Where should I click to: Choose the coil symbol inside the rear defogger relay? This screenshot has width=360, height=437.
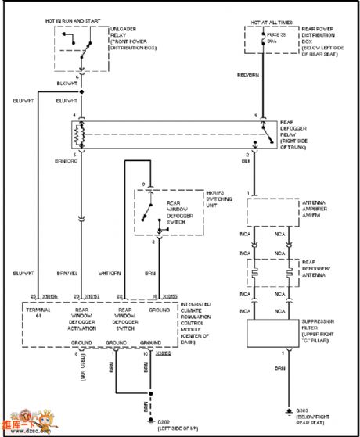point(77,136)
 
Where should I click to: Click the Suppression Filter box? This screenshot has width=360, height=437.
point(273,334)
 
